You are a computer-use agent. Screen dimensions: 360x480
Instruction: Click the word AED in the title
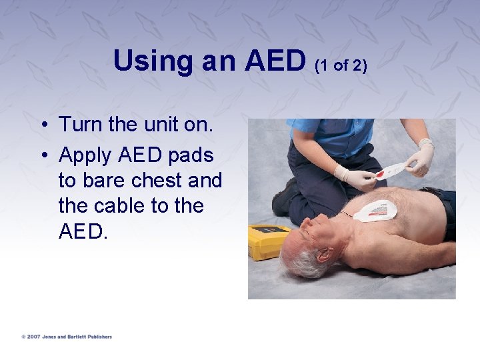coord(275,61)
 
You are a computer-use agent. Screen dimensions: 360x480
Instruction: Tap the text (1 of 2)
coord(341,66)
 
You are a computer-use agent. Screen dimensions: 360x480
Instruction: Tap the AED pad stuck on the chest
coord(375,211)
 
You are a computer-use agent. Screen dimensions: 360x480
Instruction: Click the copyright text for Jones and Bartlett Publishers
coord(66,337)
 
